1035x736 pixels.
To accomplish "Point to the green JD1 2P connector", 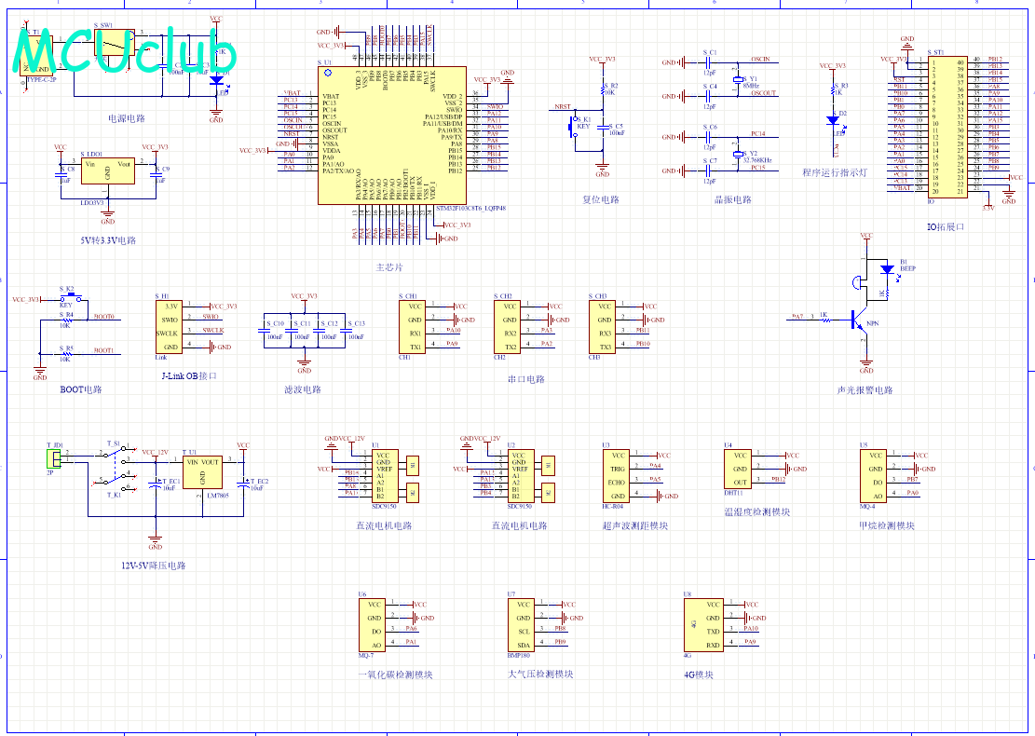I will pyautogui.click(x=54, y=458).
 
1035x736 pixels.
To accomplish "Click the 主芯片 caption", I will pyautogui.click(x=390, y=267).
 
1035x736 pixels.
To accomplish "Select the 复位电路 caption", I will pyautogui.click(x=601, y=199).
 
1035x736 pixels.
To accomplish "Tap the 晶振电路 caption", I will pyautogui.click(x=732, y=199).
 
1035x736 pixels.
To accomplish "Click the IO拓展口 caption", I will pyautogui.click(x=946, y=226).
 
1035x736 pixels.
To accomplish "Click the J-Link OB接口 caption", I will pyautogui.click(x=189, y=376).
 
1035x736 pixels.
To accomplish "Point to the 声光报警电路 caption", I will pyautogui.click(x=865, y=390).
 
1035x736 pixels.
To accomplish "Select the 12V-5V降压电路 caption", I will pyautogui.click(x=154, y=566).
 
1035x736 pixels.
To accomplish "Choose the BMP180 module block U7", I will pyautogui.click(x=524, y=624).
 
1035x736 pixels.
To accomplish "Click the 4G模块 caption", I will pyautogui.click(x=698, y=675).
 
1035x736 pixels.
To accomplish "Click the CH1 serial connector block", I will pyautogui.click(x=415, y=325).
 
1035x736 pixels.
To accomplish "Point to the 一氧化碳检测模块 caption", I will pyautogui.click(x=395, y=675).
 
